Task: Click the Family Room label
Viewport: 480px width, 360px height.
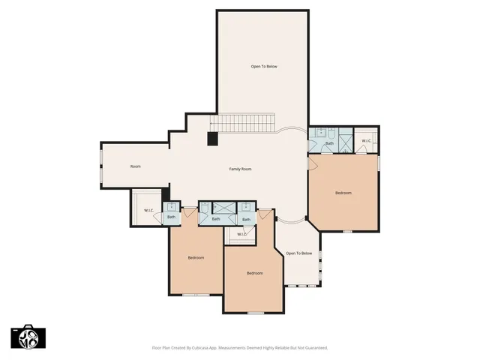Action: pyautogui.click(x=240, y=169)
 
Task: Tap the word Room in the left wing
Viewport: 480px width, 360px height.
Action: pyautogui.click(x=135, y=166)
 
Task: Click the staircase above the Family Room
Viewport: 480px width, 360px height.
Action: pyautogui.click(x=243, y=122)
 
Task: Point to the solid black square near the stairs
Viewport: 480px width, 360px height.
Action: pyautogui.click(x=213, y=138)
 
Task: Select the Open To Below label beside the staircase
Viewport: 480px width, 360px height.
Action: pyautogui.click(x=263, y=67)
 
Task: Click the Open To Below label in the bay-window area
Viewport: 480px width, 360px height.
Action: pyautogui.click(x=298, y=253)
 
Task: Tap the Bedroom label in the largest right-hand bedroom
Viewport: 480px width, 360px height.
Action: pyautogui.click(x=343, y=193)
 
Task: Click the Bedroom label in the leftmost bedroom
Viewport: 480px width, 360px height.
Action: pyautogui.click(x=196, y=257)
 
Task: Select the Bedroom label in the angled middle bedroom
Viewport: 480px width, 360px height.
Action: pyautogui.click(x=254, y=273)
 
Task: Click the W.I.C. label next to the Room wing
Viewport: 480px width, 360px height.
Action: pyautogui.click(x=148, y=211)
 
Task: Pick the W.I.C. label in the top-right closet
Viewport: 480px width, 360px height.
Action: pyautogui.click(x=366, y=141)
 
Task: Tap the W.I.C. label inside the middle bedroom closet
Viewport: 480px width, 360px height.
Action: pyautogui.click(x=241, y=235)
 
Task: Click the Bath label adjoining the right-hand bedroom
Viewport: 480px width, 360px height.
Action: pyautogui.click(x=329, y=142)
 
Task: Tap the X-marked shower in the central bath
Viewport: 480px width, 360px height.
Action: pyautogui.click(x=223, y=208)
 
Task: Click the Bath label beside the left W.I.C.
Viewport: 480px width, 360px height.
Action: pyautogui.click(x=171, y=217)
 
